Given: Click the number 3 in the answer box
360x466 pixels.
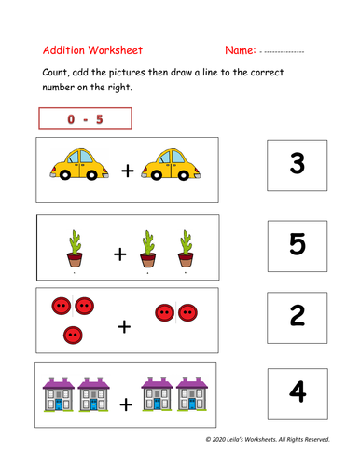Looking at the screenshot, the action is [x=298, y=166].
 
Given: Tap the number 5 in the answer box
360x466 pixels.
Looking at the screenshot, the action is [x=298, y=244].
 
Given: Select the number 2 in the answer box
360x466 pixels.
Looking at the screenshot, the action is [x=298, y=316].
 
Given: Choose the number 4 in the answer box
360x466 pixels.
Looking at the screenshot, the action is [x=298, y=392].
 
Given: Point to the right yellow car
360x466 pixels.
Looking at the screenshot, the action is [x=172, y=166].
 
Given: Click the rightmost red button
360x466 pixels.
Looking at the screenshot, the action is [x=187, y=311].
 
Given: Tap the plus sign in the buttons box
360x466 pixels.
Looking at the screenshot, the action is [x=124, y=326].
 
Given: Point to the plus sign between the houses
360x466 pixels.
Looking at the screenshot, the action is [x=126, y=405].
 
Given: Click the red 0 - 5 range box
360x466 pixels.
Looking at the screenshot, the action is [x=85, y=118].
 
